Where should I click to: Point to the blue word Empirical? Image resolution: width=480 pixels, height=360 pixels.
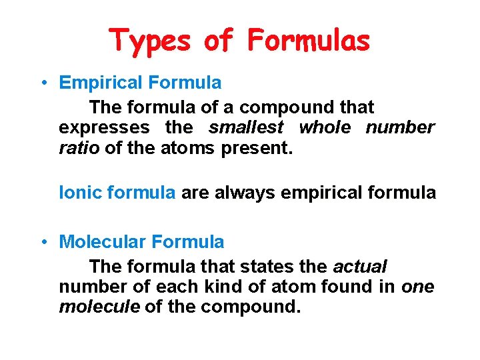point(101,83)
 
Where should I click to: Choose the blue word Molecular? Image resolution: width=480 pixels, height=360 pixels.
point(103,242)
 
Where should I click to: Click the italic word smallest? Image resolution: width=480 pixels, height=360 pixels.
point(246,127)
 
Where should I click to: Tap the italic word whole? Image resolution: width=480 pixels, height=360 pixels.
point(325,127)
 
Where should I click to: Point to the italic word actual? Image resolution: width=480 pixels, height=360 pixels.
point(359,267)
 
